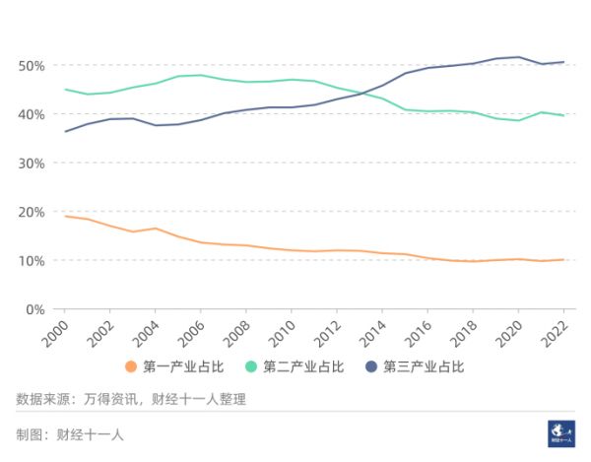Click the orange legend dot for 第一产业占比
coord(132,367)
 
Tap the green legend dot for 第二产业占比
coord(252,367)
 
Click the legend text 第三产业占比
coord(423,367)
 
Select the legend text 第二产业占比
coord(303,367)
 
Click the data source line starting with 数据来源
coord(131,399)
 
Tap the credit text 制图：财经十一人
coord(70,434)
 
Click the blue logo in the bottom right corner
coord(561,433)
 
